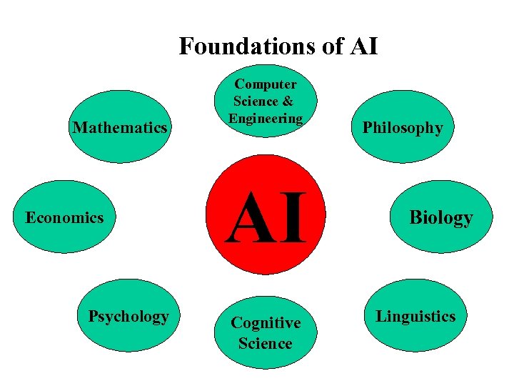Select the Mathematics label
pos(121,128)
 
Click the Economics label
pos(64,217)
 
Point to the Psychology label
pos(128,316)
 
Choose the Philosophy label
pos(403,128)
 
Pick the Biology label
pos(440,217)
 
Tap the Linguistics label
pos(415,316)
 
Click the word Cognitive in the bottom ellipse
pos(266,323)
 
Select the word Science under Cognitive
pos(266,343)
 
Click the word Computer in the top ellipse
pos(266,84)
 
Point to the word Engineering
pos(266,118)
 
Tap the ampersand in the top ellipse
pos(288,102)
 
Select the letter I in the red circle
pos(294,219)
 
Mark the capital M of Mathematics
pos(80,128)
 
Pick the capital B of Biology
pos(415,217)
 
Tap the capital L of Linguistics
pos(381,316)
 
